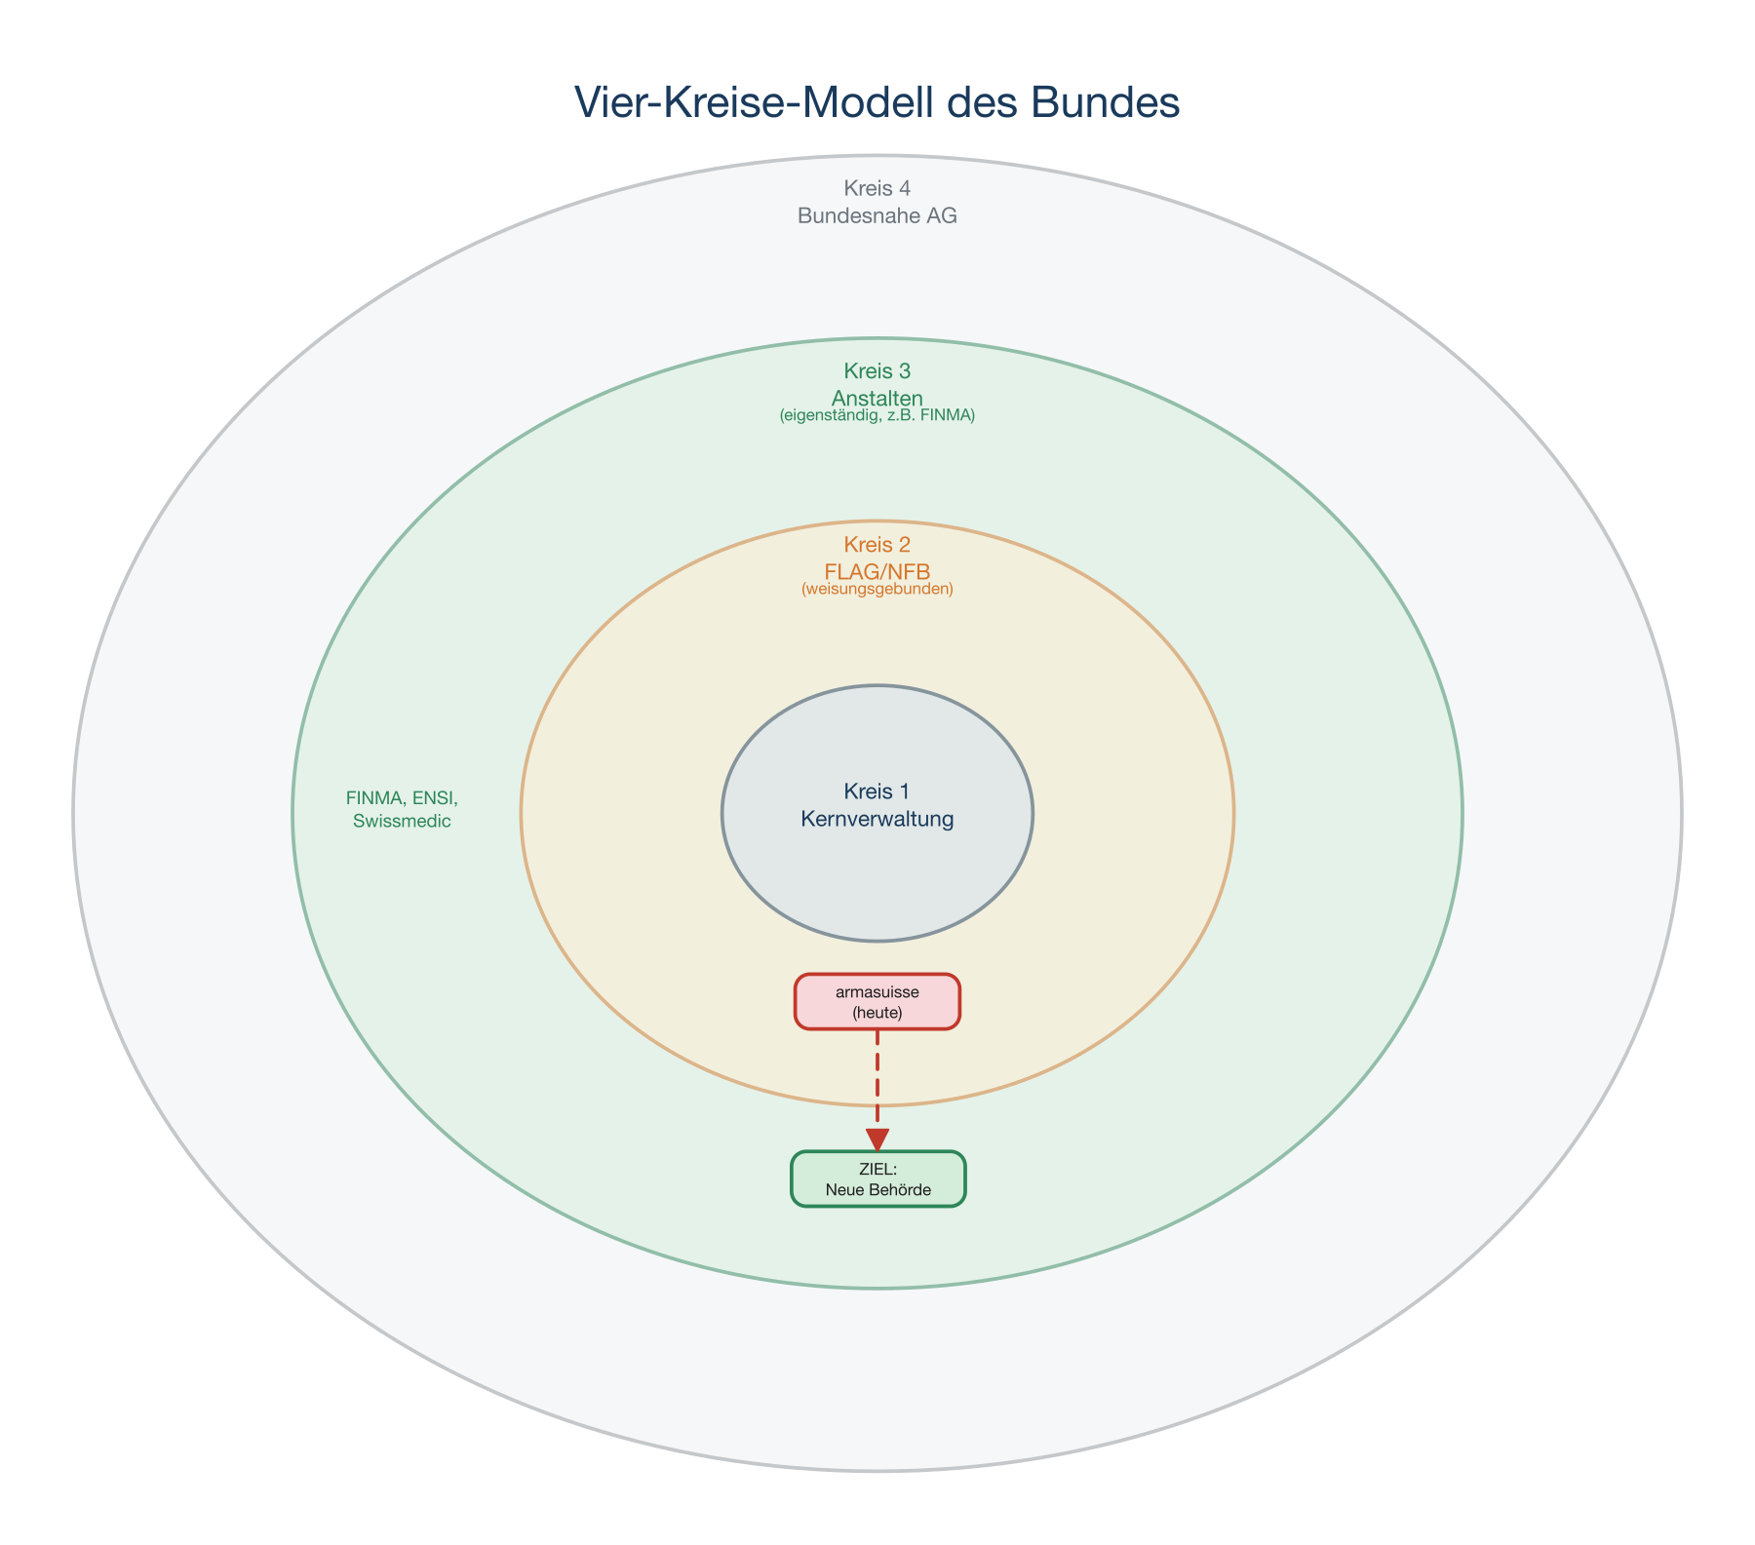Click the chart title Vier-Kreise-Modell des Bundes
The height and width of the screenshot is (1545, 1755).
(x=877, y=103)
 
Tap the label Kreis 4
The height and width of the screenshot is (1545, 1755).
(x=877, y=188)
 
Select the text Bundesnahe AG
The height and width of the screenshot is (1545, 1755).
(x=877, y=216)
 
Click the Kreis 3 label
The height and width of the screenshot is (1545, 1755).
(x=877, y=371)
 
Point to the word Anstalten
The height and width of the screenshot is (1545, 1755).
(x=877, y=398)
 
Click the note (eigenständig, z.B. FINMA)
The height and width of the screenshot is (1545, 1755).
(x=877, y=416)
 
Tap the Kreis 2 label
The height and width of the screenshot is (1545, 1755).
(x=877, y=545)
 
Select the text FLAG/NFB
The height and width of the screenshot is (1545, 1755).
(x=877, y=571)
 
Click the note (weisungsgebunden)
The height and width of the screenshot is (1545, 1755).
(x=877, y=590)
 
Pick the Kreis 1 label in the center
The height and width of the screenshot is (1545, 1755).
(x=877, y=792)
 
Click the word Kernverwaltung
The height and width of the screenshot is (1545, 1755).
(x=877, y=819)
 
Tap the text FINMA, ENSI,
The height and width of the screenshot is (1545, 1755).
(x=402, y=798)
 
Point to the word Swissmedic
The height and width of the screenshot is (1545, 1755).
(x=402, y=822)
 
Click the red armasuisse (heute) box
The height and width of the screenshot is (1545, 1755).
(x=877, y=1002)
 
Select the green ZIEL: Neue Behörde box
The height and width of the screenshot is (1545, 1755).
(x=877, y=1179)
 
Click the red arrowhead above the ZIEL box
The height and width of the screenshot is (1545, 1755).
(x=877, y=1139)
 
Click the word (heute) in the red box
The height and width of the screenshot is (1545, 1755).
(x=877, y=1014)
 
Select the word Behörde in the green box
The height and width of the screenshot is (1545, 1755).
(x=899, y=1190)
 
